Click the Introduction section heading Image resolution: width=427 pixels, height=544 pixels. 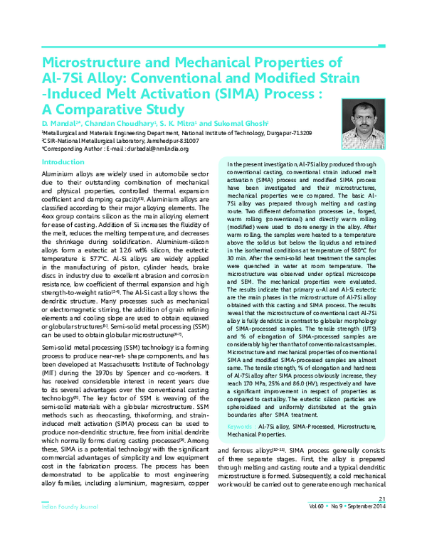pyautogui.click(x=64, y=162)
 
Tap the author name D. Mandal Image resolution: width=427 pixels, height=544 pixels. pyautogui.click(x=59, y=122)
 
